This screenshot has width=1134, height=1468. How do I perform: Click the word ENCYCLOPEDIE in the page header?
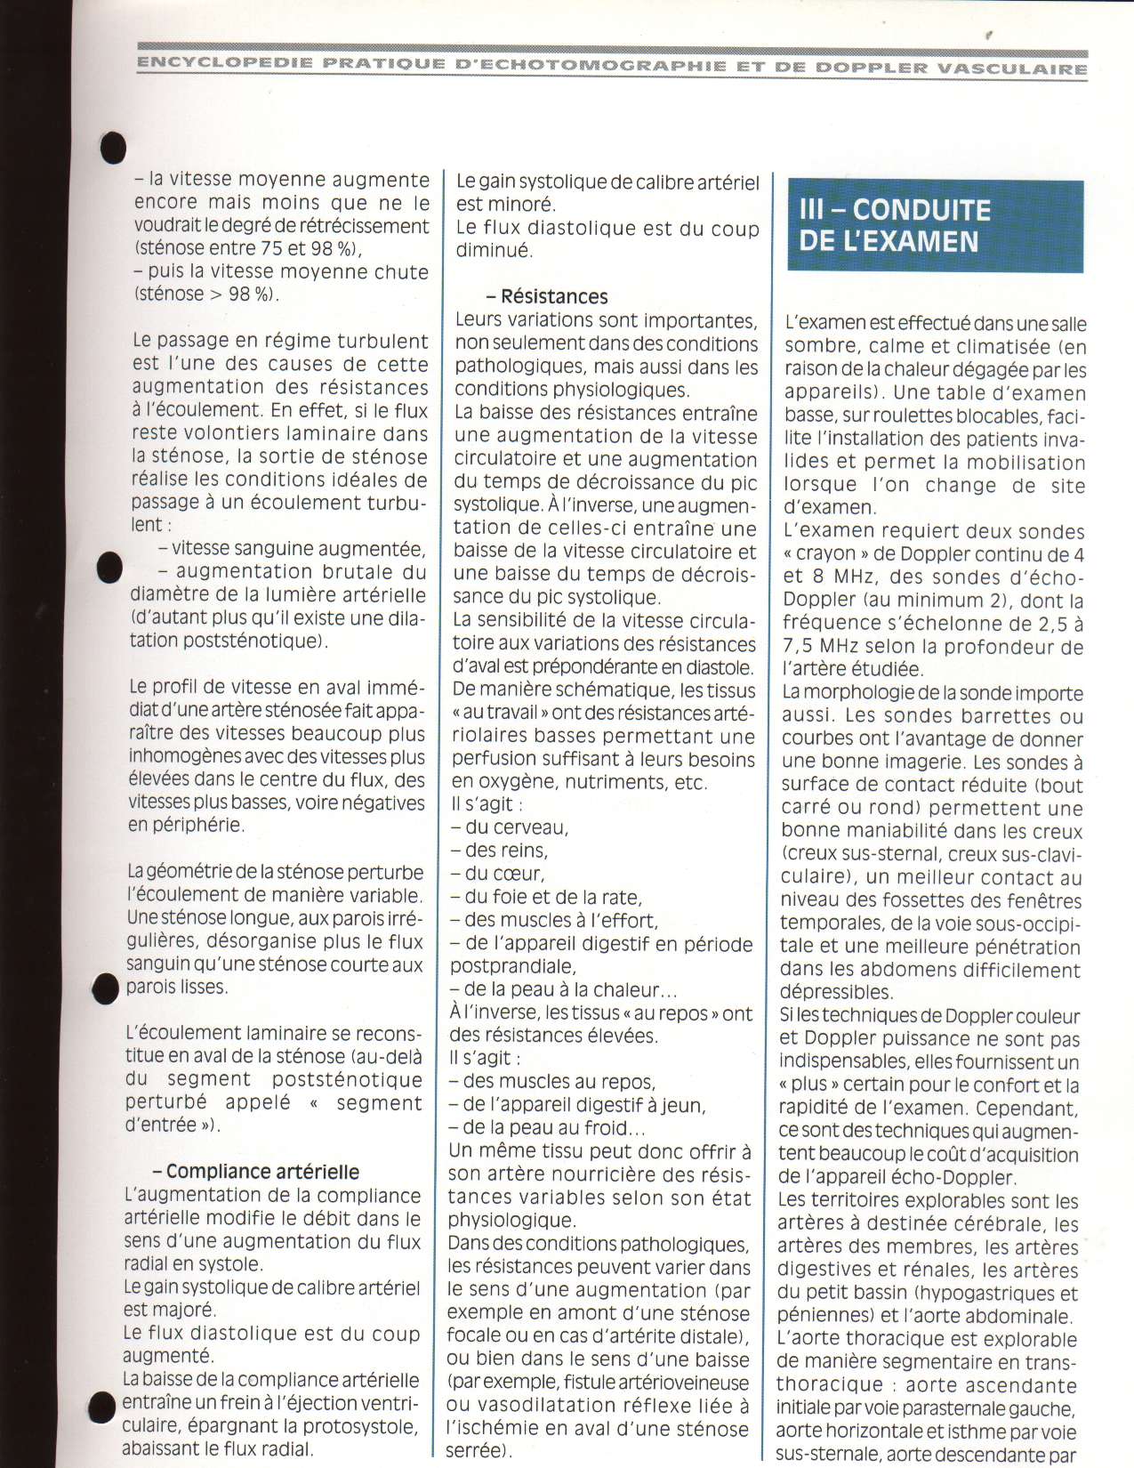click(224, 63)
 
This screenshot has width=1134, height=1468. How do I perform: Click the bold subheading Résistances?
click(554, 296)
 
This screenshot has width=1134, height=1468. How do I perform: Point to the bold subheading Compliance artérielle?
click(262, 1172)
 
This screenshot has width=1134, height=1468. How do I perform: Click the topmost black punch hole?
click(112, 148)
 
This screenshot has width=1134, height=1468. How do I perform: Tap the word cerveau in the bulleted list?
click(517, 827)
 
